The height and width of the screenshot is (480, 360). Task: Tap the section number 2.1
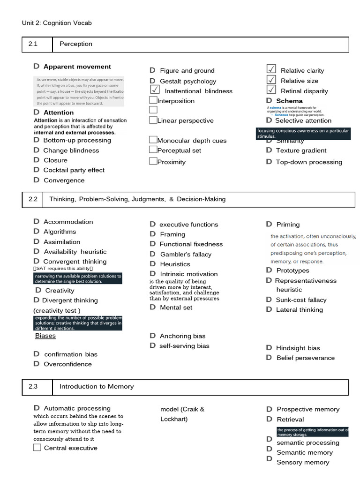click(33, 44)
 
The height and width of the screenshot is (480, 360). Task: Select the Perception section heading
click(75, 44)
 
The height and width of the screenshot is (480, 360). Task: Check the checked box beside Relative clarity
click(271, 69)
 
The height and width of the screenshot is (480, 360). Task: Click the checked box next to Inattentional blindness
click(155, 90)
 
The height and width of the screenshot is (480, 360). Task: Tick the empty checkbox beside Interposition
click(153, 100)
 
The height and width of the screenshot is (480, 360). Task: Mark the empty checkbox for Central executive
click(37, 448)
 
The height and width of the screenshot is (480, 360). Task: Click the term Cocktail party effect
click(74, 170)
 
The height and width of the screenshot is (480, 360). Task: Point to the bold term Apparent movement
click(77, 67)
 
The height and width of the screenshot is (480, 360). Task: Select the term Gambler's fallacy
click(186, 254)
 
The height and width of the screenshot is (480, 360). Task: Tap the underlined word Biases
click(45, 336)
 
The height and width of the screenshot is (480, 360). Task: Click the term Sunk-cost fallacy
click(301, 300)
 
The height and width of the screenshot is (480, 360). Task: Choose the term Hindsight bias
click(298, 348)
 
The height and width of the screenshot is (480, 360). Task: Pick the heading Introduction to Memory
click(97, 387)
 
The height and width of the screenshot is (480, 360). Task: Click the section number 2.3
click(33, 387)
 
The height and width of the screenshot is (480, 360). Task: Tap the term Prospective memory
click(308, 409)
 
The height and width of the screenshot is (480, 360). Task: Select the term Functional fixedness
click(191, 244)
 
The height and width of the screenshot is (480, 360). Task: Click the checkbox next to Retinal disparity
click(271, 90)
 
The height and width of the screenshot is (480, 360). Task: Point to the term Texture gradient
click(301, 150)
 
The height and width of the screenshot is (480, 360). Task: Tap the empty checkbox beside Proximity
click(153, 161)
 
